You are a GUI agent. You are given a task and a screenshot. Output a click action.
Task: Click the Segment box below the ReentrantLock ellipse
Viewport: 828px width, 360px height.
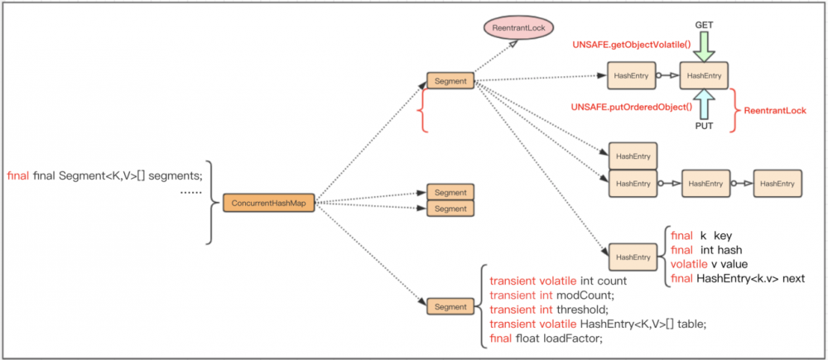(x=450, y=81)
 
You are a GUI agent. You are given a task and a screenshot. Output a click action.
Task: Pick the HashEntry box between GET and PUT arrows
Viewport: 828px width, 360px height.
(x=702, y=75)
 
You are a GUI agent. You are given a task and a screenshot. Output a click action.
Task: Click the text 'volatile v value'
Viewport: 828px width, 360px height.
(x=711, y=264)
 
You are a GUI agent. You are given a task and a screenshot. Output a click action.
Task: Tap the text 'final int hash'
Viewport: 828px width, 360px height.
(x=705, y=250)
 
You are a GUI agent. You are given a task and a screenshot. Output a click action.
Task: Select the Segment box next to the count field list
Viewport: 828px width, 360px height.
(x=450, y=307)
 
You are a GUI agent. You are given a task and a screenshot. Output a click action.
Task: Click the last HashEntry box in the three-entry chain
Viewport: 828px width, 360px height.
(x=777, y=183)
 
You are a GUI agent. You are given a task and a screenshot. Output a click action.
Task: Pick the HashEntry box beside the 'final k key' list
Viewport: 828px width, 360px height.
(x=632, y=257)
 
